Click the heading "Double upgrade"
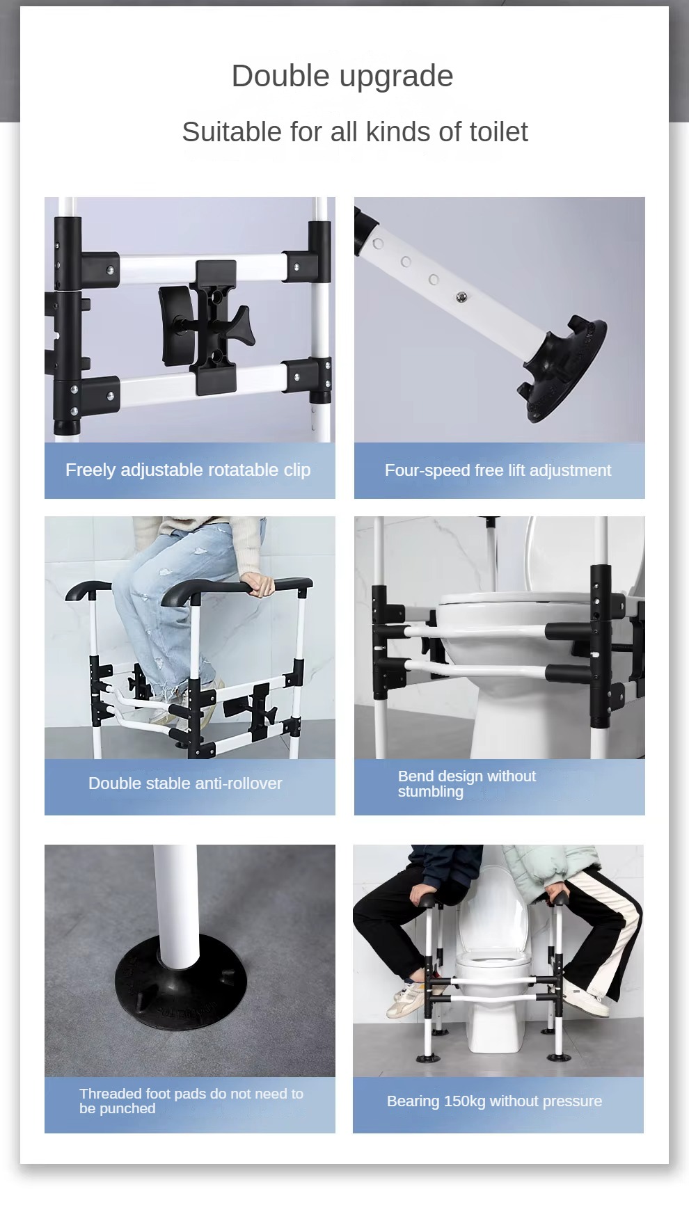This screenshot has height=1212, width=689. click(x=342, y=76)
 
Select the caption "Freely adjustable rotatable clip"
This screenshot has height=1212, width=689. click(x=188, y=470)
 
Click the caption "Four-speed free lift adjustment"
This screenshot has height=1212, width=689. click(x=498, y=470)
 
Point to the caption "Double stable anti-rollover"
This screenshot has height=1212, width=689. click(x=185, y=783)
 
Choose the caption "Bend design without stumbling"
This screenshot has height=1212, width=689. click(x=466, y=784)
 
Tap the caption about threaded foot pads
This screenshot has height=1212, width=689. click(x=191, y=1101)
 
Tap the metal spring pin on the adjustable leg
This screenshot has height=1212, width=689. click(x=461, y=298)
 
